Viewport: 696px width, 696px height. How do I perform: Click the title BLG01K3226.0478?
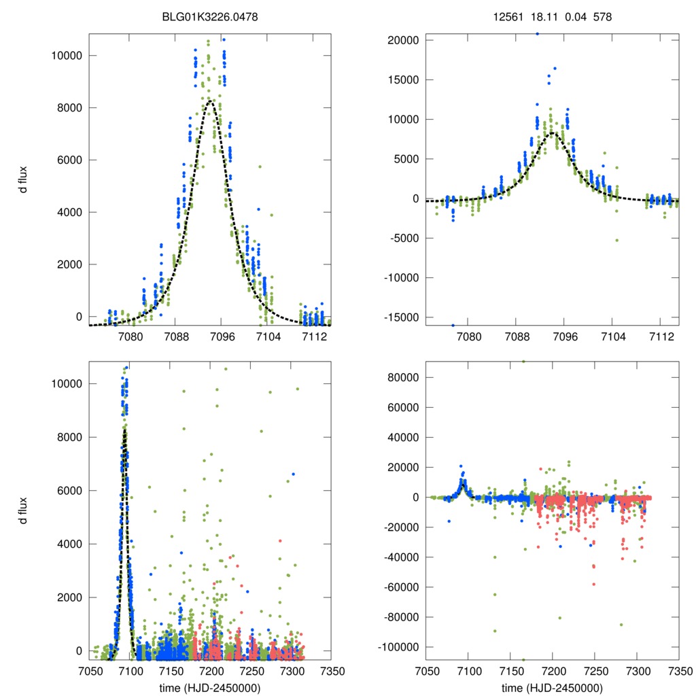pos(209,16)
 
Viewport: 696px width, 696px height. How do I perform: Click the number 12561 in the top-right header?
pos(508,16)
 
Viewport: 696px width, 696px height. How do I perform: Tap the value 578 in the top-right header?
pos(602,16)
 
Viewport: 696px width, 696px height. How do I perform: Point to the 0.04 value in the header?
pos(574,16)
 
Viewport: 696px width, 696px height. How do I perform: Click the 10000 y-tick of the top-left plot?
pos(66,55)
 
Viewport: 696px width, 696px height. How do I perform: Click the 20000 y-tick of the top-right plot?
pos(401,40)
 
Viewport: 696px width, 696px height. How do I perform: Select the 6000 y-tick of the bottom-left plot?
pos(69,491)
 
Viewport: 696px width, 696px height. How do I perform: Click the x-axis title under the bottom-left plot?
pos(209,687)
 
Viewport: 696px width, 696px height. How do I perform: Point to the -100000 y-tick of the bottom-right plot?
pos(396,647)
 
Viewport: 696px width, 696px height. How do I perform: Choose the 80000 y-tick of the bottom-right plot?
pos(401,377)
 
